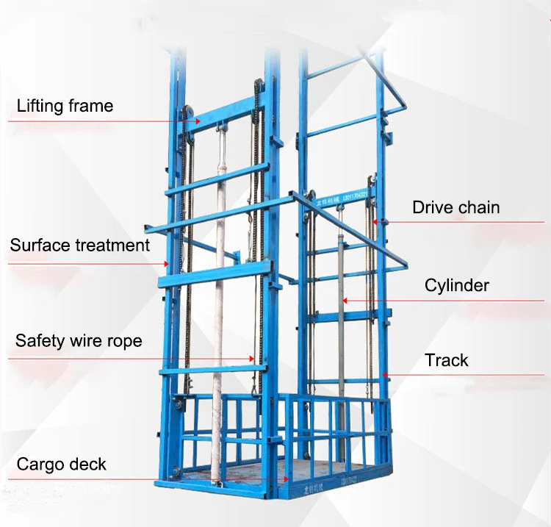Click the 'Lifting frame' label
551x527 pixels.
65,106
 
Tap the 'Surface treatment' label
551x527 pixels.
79,245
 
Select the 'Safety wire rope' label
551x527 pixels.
79,341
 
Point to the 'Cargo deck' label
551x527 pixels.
62,465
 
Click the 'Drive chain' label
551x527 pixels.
455,207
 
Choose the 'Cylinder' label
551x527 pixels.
456,285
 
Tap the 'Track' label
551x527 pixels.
446,360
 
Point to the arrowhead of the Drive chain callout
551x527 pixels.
374,221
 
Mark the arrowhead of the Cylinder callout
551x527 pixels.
345,300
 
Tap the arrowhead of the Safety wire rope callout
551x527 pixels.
254,358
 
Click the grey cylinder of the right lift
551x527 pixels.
341,331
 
